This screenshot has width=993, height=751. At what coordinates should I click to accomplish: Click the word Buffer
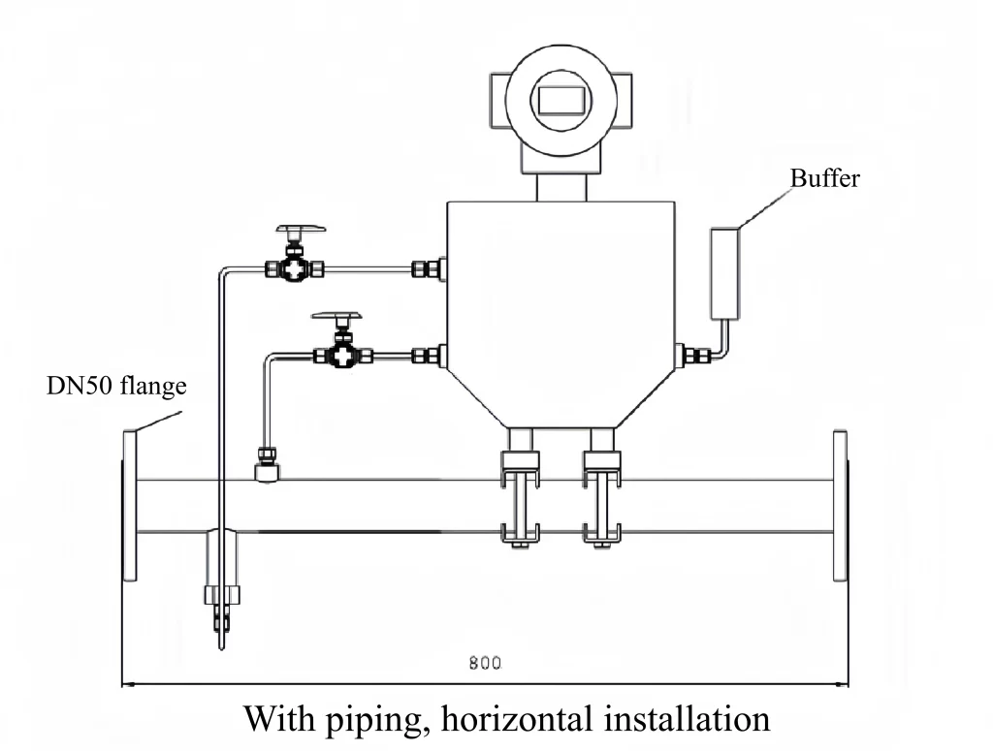(824, 179)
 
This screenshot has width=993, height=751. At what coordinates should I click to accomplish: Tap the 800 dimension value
(485, 664)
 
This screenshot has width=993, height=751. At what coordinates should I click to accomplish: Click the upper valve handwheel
(301, 231)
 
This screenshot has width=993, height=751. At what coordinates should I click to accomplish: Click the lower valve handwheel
(336, 317)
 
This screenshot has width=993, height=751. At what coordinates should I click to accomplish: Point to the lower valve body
(340, 357)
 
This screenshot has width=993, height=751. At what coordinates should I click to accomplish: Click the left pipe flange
(130, 505)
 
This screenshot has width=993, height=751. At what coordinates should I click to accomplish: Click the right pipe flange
(840, 505)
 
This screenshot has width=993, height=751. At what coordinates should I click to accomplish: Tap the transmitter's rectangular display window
(558, 99)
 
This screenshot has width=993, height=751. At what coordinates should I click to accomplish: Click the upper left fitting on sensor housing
(428, 268)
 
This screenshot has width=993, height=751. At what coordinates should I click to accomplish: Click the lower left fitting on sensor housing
(428, 357)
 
